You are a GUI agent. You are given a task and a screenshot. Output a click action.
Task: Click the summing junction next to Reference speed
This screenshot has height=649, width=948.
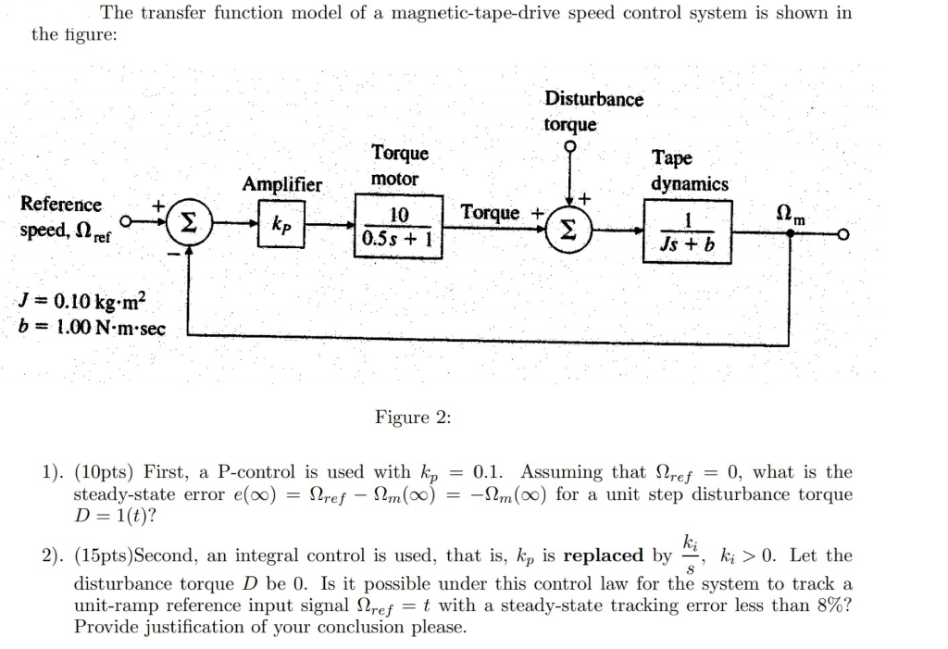click(x=189, y=223)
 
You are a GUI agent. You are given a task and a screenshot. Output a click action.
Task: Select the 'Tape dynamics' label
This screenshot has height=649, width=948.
click(x=689, y=170)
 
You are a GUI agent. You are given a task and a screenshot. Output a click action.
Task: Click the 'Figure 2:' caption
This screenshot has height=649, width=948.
click(x=413, y=418)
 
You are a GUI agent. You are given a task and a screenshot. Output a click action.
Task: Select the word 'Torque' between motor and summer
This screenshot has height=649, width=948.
click(x=490, y=213)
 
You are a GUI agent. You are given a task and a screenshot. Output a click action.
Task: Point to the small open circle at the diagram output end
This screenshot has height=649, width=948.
click(x=841, y=235)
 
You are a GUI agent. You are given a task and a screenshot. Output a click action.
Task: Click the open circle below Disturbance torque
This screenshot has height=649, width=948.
click(x=571, y=145)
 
